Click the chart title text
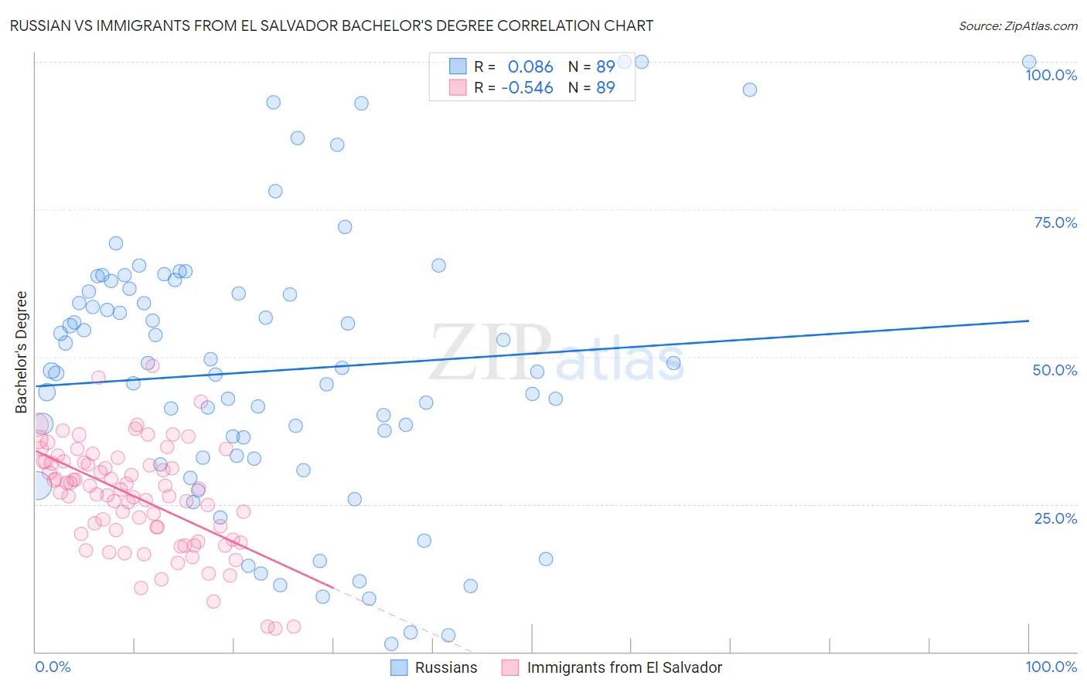point(332,25)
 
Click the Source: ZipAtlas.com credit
point(1017,25)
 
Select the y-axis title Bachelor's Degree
point(21,352)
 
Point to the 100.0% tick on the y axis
point(1051,75)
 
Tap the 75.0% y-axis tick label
point(1055,222)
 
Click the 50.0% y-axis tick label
point(1055,370)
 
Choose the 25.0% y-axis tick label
point(1055,518)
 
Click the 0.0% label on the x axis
point(53,667)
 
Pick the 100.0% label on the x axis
point(1051,667)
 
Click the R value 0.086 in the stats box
point(530,67)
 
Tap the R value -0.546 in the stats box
point(527,87)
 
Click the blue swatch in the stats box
point(458,67)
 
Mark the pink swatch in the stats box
point(458,87)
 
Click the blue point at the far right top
point(1029,63)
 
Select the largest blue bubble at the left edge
point(36,484)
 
